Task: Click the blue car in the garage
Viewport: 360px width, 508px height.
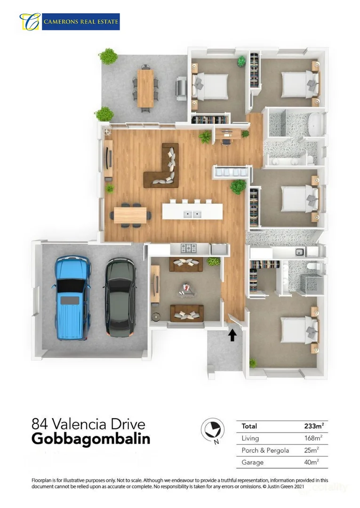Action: (72, 297)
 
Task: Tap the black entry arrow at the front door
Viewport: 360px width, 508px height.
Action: (232, 335)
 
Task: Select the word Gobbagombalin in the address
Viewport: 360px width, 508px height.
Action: (91, 439)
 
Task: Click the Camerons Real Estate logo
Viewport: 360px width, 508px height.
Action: (70, 22)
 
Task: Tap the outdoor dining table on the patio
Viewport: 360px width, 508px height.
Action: (145, 88)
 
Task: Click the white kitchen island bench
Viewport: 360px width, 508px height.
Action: (192, 211)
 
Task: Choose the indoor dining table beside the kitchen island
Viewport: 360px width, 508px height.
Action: (131, 215)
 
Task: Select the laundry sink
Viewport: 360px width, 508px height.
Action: (299, 252)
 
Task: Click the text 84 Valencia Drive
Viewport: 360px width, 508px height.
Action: (88, 423)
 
